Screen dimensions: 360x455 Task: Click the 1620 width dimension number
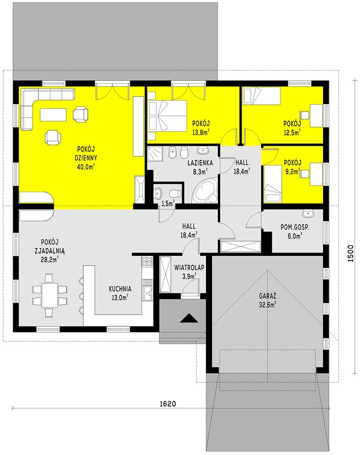[x=168, y=404]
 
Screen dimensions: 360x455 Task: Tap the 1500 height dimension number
[x=351, y=254]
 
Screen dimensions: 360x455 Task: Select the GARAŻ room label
[x=267, y=296]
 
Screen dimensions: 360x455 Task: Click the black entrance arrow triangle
[x=189, y=318]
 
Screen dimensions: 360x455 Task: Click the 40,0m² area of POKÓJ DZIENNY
[x=86, y=167]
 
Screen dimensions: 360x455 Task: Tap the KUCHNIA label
[x=120, y=289]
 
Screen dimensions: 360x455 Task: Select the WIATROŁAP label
[x=189, y=267]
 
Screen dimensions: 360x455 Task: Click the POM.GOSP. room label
[x=295, y=227]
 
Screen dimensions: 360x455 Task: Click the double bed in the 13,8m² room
[x=167, y=116]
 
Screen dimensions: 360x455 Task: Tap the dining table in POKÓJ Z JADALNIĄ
[x=49, y=295]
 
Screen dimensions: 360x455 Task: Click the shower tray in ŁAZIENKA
[x=156, y=154]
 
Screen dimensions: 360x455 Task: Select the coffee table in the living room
[x=53, y=115]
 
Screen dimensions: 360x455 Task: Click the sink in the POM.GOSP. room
[x=308, y=214]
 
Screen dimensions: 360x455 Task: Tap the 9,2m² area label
[x=292, y=172]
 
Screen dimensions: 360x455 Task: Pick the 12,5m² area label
[x=292, y=133]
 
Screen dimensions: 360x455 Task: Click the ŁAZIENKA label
[x=200, y=163]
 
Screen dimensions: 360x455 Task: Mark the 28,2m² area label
[x=49, y=259]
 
